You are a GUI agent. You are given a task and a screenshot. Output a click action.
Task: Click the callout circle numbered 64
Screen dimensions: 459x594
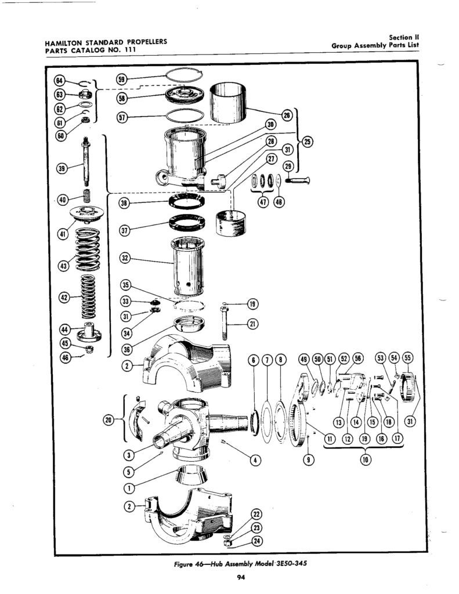tap(59, 81)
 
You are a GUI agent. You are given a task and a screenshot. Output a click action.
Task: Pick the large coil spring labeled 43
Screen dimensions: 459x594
tap(88, 249)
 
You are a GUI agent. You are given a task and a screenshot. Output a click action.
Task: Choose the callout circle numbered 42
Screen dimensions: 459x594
tap(65, 297)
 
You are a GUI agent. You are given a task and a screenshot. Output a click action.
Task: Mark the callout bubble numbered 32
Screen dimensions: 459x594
tap(125, 259)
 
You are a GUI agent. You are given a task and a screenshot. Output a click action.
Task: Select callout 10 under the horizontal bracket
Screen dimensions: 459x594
tap(363, 460)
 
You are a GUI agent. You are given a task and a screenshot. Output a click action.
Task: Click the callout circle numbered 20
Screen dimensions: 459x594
tap(109, 419)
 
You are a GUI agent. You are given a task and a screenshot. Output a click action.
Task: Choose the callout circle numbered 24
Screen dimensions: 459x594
tap(257, 541)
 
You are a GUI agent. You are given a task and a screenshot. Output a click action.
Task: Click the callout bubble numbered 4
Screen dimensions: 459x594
tap(256, 460)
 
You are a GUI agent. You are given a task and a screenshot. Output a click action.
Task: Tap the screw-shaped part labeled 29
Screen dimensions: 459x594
tap(299, 181)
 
